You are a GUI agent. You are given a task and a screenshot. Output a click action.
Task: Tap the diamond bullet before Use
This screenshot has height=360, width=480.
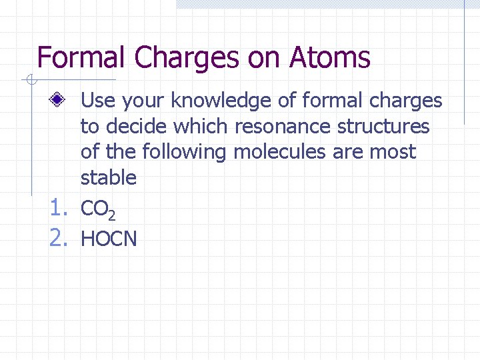pyautogui.click(x=59, y=101)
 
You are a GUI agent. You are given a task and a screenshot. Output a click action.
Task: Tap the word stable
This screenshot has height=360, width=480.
pyautogui.click(x=108, y=177)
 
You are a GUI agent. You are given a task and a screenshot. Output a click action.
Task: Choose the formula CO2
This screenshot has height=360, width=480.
pyautogui.click(x=98, y=210)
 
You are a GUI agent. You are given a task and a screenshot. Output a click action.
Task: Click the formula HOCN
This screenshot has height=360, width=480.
pyautogui.click(x=109, y=238)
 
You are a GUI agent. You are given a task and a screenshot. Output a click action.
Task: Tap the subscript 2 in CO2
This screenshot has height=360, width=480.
pyautogui.click(x=112, y=215)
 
